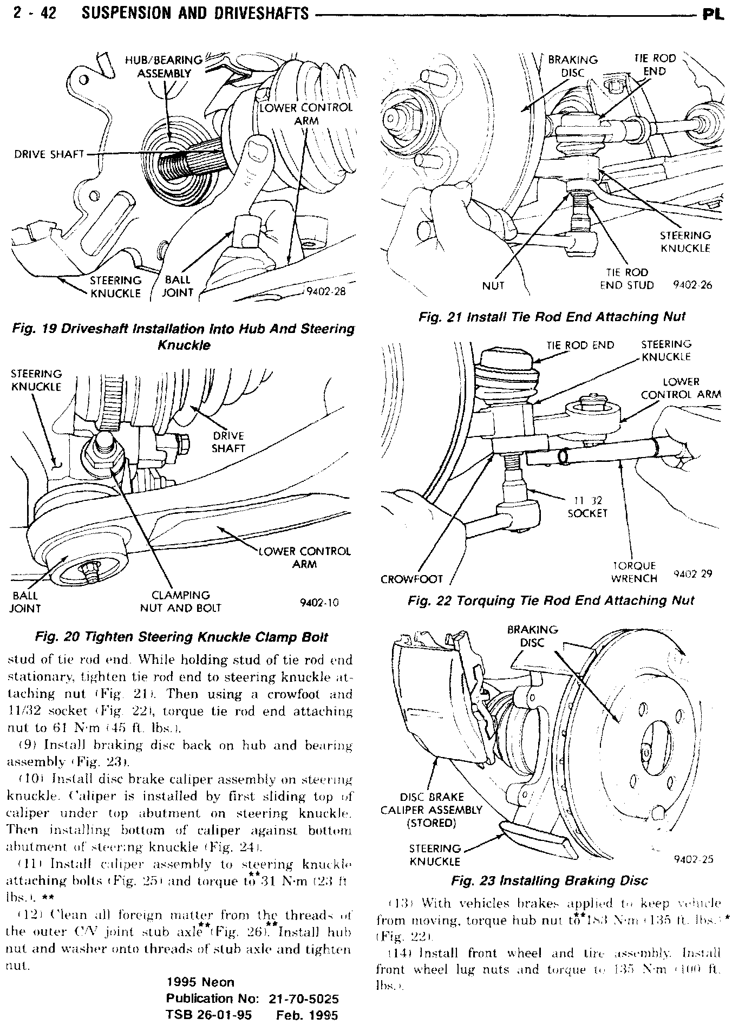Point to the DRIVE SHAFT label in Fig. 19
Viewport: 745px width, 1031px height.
tap(49, 154)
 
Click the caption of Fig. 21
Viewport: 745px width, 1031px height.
tap(552, 317)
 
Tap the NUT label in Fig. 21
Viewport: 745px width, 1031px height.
tap(493, 285)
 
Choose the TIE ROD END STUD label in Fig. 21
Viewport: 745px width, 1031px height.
tap(627, 278)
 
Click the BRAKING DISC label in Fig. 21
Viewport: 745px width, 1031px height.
tap(572, 66)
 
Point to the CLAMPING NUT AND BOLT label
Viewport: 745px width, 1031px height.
tap(181, 601)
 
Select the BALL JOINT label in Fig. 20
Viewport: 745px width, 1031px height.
tap(25, 602)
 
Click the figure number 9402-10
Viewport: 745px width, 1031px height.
tap(319, 602)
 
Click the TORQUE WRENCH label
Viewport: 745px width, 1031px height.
tap(634, 572)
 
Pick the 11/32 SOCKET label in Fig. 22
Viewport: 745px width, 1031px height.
tap(587, 506)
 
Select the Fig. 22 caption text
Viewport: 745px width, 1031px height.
tap(551, 600)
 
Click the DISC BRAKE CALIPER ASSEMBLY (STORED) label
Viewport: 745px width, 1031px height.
tap(431, 810)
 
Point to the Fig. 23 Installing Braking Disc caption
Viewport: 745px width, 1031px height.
tap(549, 881)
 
